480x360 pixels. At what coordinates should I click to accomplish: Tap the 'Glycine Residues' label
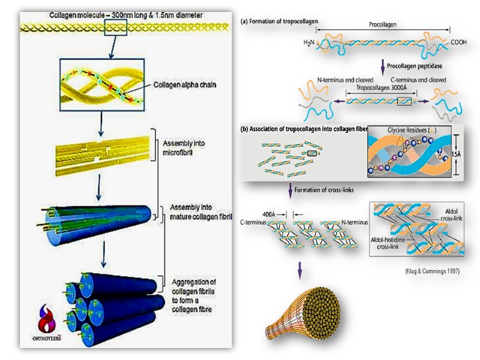pyautogui.click(x=409, y=131)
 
